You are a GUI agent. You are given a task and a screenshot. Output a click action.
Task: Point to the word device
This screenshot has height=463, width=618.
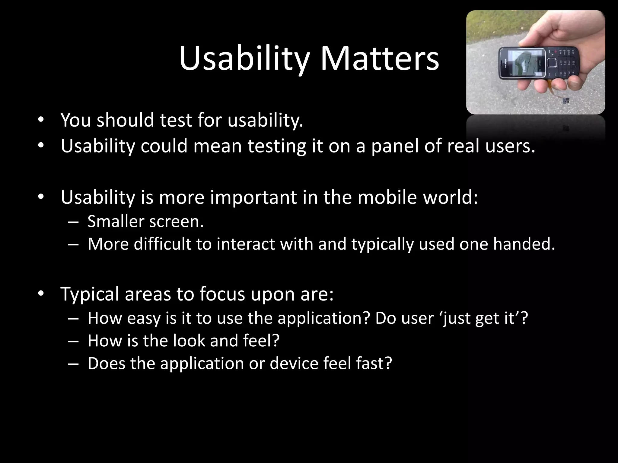294,363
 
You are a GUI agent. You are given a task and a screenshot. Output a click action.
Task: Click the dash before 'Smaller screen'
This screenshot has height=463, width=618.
73,222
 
